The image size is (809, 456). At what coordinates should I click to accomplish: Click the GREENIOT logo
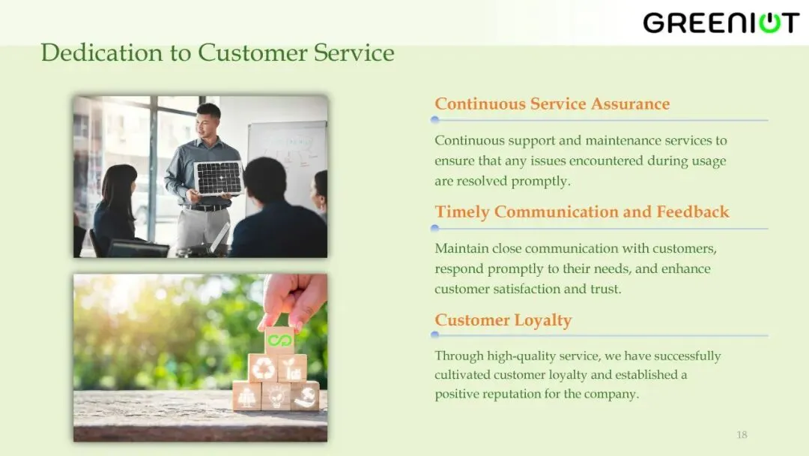click(x=721, y=22)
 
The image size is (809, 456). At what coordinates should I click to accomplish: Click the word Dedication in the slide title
click(x=102, y=52)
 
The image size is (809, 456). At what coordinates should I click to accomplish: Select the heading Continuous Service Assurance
click(x=552, y=103)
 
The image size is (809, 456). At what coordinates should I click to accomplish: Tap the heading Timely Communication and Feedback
click(x=582, y=211)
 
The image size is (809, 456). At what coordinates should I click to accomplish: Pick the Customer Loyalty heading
click(x=503, y=320)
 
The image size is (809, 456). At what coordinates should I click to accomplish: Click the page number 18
click(x=742, y=435)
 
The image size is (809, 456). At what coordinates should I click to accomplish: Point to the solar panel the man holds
click(x=219, y=178)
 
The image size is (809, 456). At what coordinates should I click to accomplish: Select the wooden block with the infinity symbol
click(x=279, y=340)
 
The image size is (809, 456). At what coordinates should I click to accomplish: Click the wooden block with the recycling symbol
click(x=264, y=367)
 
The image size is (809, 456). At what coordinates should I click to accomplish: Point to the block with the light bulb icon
click(x=276, y=396)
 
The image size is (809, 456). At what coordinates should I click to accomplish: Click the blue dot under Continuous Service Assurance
click(x=435, y=120)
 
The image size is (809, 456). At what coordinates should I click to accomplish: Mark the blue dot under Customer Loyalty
click(x=435, y=334)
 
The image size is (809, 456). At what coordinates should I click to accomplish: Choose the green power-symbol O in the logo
click(x=770, y=23)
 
